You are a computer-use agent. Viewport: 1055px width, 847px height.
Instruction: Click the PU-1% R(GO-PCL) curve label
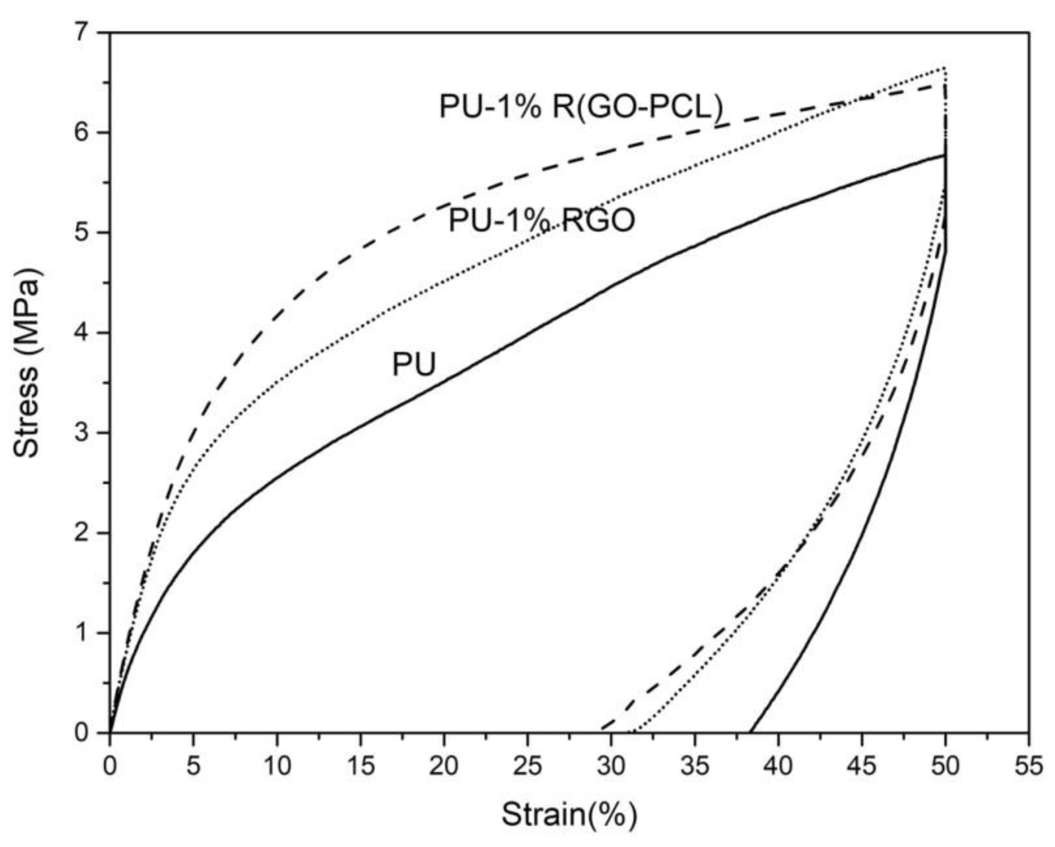click(x=581, y=107)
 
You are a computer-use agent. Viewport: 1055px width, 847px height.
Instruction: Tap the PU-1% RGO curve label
click(x=542, y=220)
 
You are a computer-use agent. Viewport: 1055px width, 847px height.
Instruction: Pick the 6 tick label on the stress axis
click(x=87, y=133)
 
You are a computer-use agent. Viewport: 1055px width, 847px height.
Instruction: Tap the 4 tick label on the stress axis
click(x=87, y=333)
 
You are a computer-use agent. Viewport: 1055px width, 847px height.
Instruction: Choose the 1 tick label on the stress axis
click(x=87, y=633)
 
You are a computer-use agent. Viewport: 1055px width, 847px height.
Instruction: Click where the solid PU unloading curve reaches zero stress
click(x=750, y=733)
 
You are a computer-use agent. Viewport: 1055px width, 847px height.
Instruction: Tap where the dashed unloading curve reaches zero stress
click(x=602, y=732)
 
